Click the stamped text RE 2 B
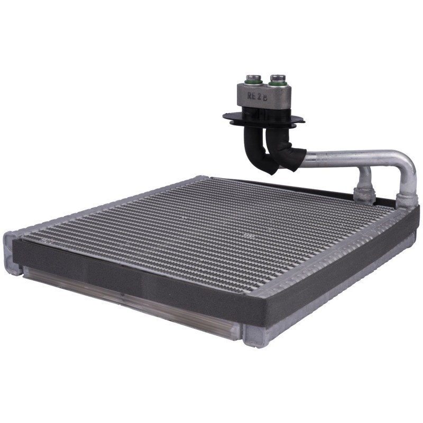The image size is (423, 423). tap(257, 96)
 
